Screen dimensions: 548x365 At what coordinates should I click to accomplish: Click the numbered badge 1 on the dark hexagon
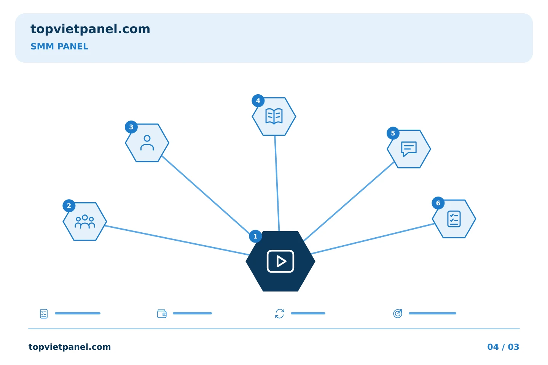point(255,236)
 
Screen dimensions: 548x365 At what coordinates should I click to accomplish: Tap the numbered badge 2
point(69,206)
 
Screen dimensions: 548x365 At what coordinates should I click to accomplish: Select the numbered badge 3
point(131,127)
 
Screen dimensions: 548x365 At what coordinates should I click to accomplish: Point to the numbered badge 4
point(258,101)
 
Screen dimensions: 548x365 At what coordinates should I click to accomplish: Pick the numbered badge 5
point(393,133)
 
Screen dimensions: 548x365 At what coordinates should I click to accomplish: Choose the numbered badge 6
point(438,203)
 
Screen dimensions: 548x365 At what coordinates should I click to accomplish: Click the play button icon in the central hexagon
point(280,261)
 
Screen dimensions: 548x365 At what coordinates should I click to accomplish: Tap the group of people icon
point(85,222)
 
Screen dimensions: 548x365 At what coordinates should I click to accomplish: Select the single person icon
point(147,143)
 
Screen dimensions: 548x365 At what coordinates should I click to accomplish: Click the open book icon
point(274,116)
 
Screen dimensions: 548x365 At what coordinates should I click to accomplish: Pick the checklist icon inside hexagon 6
point(454,219)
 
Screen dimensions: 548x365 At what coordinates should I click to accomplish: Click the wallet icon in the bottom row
point(162,314)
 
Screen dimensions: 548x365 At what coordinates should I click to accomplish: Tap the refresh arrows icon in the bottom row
point(280,314)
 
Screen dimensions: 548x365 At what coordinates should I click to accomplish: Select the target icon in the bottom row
point(398,313)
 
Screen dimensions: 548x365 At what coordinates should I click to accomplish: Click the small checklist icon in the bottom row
point(44,314)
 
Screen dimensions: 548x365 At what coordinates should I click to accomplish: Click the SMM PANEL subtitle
point(59,46)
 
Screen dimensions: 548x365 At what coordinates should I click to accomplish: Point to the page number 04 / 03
point(503,347)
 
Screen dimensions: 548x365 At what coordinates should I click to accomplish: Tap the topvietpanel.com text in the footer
point(70,347)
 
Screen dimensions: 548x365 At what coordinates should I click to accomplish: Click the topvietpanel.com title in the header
point(90,29)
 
